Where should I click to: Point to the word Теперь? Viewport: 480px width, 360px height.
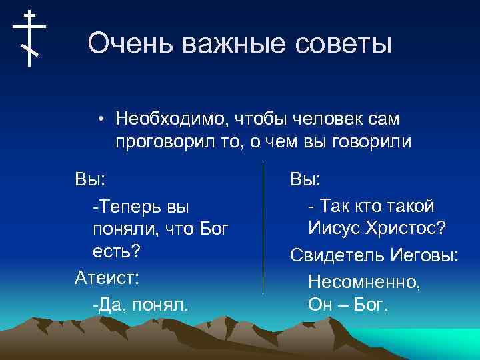[x=127, y=205]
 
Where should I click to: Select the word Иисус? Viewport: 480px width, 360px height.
[x=333, y=229]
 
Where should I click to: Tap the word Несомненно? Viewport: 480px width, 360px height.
[x=364, y=281]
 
